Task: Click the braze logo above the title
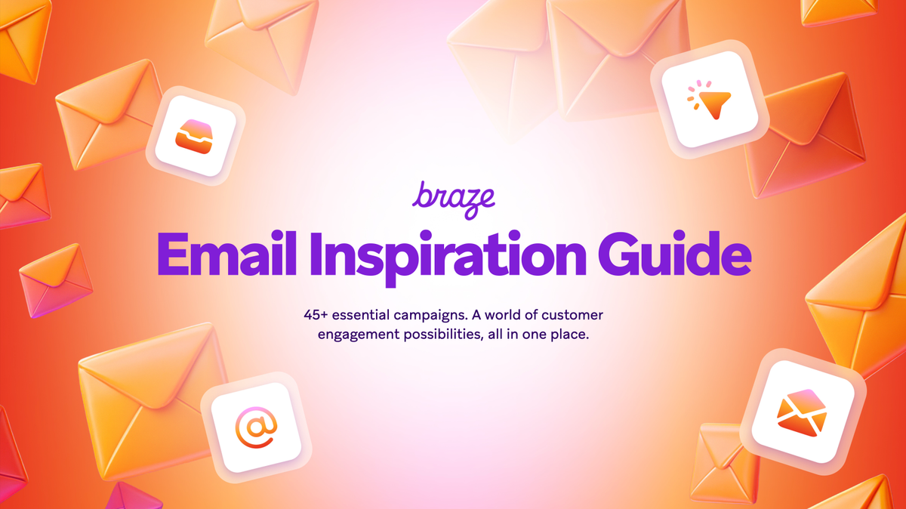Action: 453,197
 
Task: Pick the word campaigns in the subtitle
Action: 439,314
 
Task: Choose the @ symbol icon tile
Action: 256,427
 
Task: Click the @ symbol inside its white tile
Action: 256,427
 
